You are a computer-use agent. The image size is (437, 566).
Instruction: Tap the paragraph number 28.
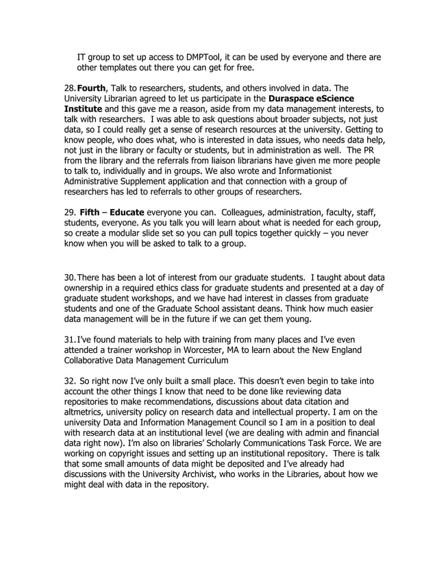tap(69, 88)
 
